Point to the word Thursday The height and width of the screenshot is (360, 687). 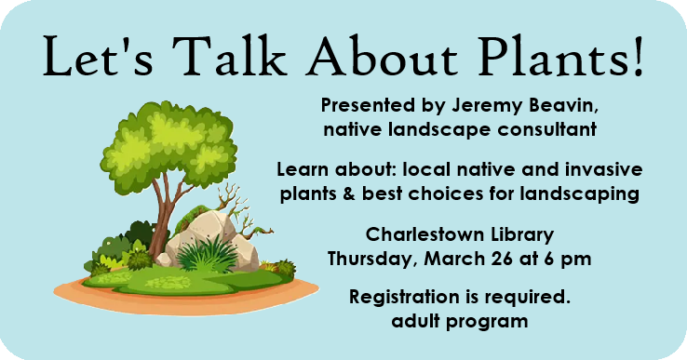(376, 259)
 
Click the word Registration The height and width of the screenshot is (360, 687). (405, 300)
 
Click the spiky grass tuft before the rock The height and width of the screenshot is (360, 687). (201, 253)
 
